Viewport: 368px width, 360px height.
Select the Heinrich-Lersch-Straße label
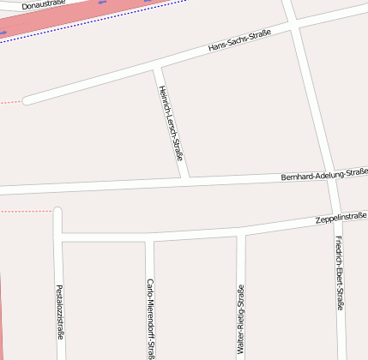pos(171,123)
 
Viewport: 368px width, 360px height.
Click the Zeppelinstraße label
pos(341,218)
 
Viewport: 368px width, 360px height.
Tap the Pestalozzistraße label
pos(59,312)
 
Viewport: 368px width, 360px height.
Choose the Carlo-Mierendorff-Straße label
pos(150,317)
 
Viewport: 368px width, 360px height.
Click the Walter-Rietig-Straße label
pos(241,319)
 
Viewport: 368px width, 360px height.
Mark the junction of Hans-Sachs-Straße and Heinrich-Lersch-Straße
pos(155,67)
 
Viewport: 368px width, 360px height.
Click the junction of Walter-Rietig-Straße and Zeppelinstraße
pos(241,231)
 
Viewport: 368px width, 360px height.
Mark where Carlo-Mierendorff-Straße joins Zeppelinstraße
pos(149,237)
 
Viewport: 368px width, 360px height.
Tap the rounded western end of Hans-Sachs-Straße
pos(27,101)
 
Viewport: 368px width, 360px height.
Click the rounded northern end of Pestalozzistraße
pos(57,211)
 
